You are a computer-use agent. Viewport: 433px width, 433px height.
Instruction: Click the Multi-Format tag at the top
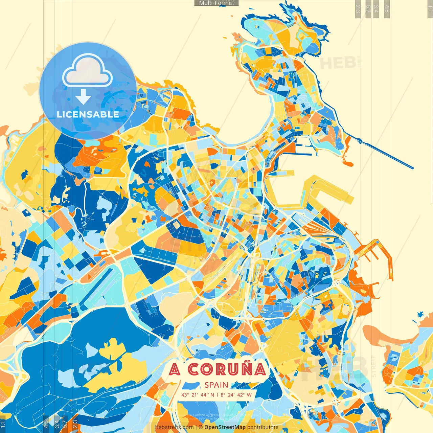pos(216,3)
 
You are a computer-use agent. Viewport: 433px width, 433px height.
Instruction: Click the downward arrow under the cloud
pos(83,97)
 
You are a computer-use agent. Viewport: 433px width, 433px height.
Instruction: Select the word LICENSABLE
pos(88,114)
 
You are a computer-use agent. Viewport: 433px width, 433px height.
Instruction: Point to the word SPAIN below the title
pos(216,385)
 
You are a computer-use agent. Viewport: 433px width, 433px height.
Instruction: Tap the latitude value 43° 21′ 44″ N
pos(198,395)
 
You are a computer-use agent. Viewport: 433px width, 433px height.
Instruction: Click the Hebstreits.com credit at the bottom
pos(174,427)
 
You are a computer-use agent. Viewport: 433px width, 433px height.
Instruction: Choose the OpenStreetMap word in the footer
pos(225,427)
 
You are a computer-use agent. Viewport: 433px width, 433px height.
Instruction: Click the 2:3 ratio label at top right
pos(358,8)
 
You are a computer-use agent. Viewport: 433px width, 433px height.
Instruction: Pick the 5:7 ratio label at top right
pos(368,8)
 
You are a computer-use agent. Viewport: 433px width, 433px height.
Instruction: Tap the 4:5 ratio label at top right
pos(387,8)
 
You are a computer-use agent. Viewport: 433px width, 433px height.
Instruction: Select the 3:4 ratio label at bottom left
pos(57,423)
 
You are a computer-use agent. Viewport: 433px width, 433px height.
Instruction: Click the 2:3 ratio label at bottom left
pos(75,423)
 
